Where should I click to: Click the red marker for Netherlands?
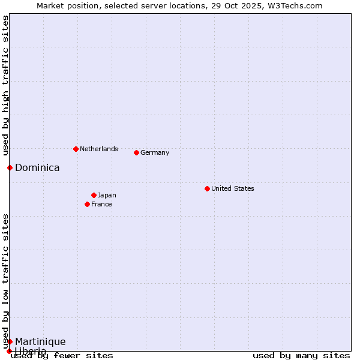tap(76, 149)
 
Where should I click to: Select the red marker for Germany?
tap(136, 152)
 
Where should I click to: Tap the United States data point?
tap(207, 188)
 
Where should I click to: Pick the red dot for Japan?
tap(94, 195)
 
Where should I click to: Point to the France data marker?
tap(87, 204)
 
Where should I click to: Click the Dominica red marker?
tap(10, 167)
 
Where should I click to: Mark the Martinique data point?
tap(10, 341)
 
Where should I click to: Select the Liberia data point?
tap(9, 351)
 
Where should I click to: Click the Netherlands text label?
tap(99, 149)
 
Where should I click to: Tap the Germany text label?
tap(155, 152)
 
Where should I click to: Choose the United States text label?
tap(233, 188)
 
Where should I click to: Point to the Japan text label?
tap(107, 195)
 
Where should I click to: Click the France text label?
tap(101, 204)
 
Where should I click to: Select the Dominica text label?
tap(37, 167)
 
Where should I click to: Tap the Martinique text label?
tap(40, 341)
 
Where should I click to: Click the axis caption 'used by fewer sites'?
tap(62, 355)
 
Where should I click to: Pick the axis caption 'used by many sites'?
tap(301, 355)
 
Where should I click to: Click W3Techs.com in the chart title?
tap(294, 5)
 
